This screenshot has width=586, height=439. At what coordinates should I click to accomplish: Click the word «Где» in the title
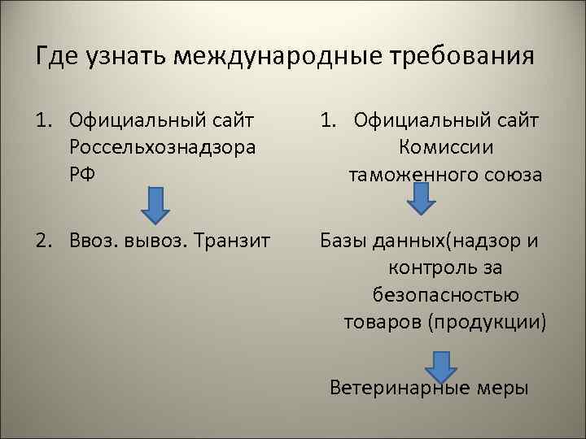point(57,58)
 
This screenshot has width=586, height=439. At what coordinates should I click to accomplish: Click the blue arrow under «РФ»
point(155,204)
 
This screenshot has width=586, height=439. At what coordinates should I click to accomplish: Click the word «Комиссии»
point(445,148)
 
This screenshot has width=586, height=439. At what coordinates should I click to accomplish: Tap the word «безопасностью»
point(446,294)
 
